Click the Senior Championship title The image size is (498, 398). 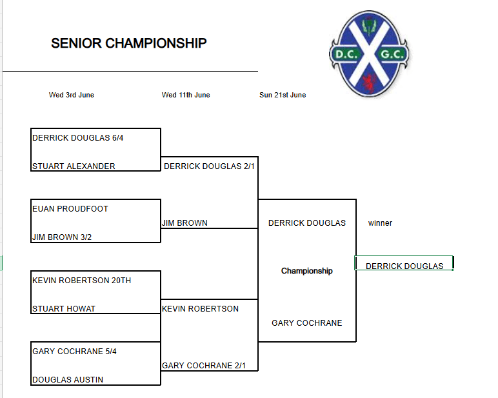click(128, 43)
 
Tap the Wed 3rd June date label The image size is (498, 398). click(72, 95)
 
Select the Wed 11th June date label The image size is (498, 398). click(186, 95)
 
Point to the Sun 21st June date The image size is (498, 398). click(283, 95)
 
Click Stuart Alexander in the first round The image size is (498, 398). click(74, 166)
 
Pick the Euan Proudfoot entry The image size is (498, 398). click(70, 209)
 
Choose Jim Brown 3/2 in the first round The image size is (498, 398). click(62, 237)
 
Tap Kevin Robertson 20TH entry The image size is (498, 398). click(82, 281)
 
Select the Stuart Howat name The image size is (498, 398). click(64, 309)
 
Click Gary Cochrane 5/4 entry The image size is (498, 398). click(74, 352)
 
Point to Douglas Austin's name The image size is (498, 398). click(68, 379)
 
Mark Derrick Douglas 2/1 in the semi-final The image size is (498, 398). click(209, 166)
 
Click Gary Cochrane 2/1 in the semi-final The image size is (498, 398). click(204, 366)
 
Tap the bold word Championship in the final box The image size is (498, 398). click(307, 271)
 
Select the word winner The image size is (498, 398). click(380, 223)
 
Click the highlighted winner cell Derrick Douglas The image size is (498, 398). click(404, 266)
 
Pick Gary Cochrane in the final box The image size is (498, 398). click(307, 323)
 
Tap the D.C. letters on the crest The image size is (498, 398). click(346, 55)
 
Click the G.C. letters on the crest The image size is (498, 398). click(392, 55)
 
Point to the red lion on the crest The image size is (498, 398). click(370, 83)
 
